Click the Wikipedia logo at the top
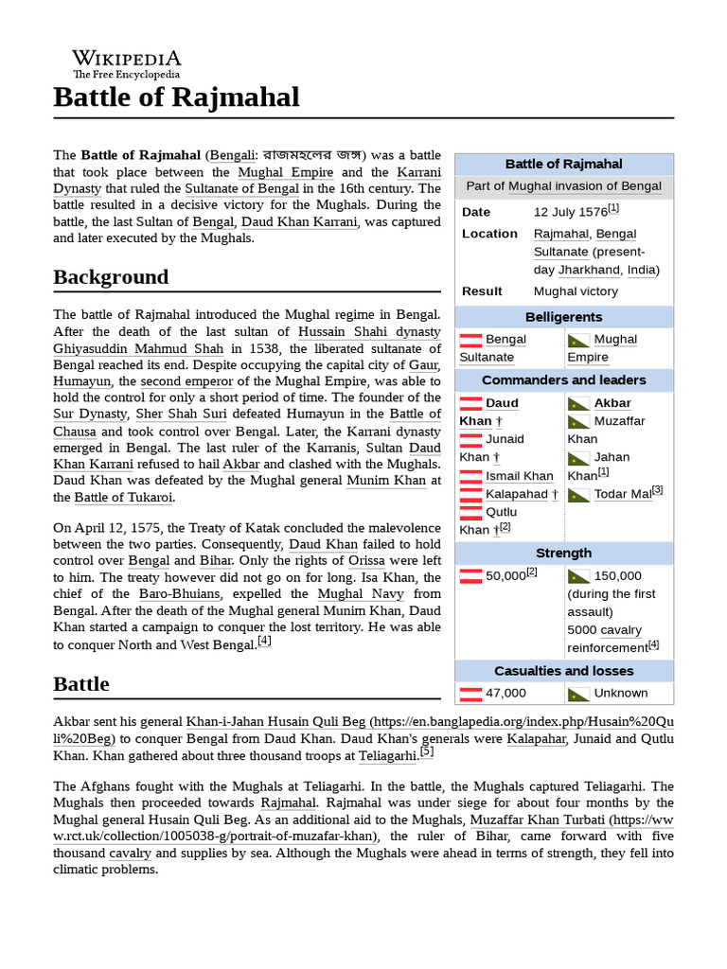127,63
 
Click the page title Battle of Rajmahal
176,97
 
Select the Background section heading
111,277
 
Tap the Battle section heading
81,684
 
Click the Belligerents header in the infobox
563,317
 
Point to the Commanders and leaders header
563,380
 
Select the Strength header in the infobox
563,553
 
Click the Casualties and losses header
563,671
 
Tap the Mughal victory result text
576,291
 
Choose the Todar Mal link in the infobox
622,494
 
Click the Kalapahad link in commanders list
516,494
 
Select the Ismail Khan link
519,476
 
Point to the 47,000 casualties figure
505,694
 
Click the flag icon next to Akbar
578,404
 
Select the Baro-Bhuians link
179,594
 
